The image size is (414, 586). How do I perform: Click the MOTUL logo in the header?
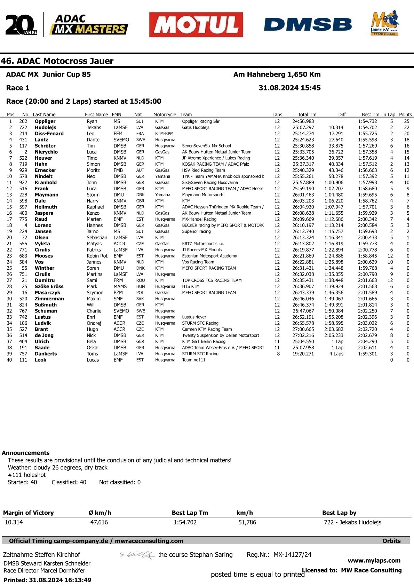pyautogui.click(x=196, y=25)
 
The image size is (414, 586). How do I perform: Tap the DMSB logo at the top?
pyautogui.click(x=308, y=25)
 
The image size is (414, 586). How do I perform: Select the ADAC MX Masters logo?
pyautogui.click(x=89, y=25)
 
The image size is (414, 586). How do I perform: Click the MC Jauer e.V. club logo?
pyautogui.click(x=384, y=23)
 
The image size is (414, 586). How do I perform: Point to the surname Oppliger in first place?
pyautogui.click(x=45, y=121)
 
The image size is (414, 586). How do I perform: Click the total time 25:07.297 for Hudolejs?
pyautogui.click(x=303, y=128)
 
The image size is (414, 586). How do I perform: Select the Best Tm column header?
pyautogui.click(x=370, y=114)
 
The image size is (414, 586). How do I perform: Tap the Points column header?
pyautogui.click(x=405, y=114)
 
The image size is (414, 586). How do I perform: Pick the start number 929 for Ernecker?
pyautogui.click(x=23, y=170)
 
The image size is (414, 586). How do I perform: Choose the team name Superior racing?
pyautogui.click(x=196, y=231)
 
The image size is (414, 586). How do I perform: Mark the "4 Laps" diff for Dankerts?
pyautogui.click(x=336, y=354)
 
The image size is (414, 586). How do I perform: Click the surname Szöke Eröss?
pyautogui.click(x=49, y=286)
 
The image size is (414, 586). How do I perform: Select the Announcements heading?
pyautogui.click(x=26, y=453)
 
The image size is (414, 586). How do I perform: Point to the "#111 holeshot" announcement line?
pyautogui.click(x=27, y=475)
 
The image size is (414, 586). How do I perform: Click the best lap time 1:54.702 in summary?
pyautogui.click(x=185, y=522)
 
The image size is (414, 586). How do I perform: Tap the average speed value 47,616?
pyautogui.click(x=99, y=522)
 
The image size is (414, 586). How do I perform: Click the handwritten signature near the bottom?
pyautogui.click(x=137, y=555)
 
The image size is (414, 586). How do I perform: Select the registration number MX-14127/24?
pyautogui.click(x=292, y=555)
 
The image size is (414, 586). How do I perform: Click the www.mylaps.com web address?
pyautogui.click(x=374, y=561)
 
